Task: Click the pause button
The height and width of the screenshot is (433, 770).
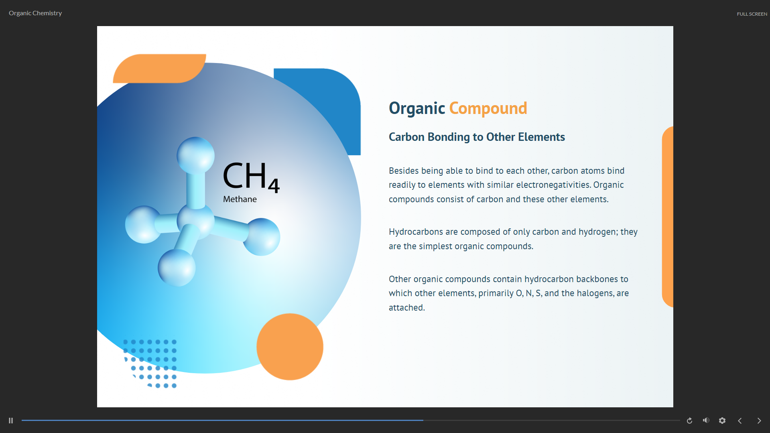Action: tap(11, 421)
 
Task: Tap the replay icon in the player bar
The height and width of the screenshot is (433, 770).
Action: tap(689, 421)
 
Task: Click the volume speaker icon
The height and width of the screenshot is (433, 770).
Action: tap(706, 420)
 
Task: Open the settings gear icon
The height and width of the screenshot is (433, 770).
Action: tap(722, 421)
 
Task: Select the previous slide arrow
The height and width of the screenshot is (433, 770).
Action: tap(740, 421)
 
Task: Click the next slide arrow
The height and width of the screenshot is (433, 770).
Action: tap(759, 421)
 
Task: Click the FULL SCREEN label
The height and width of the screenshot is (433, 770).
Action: tap(752, 14)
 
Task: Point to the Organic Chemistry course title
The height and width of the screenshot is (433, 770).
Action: tap(35, 13)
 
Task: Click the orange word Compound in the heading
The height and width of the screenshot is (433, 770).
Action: tap(488, 108)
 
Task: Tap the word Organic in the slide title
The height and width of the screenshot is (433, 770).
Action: tap(416, 108)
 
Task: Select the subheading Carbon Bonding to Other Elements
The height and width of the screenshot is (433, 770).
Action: tap(477, 137)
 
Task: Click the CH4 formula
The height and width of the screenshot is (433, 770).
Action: tap(250, 177)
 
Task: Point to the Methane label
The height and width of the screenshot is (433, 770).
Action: tap(240, 199)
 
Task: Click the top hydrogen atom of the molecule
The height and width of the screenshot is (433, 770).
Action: tap(195, 155)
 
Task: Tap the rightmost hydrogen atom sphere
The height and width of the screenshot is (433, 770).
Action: tap(262, 237)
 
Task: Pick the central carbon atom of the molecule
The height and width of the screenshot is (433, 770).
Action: tap(196, 220)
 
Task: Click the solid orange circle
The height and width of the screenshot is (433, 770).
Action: tap(290, 347)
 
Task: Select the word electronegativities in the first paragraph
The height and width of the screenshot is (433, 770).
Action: tap(553, 185)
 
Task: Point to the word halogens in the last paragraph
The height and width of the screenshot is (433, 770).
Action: tap(595, 293)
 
